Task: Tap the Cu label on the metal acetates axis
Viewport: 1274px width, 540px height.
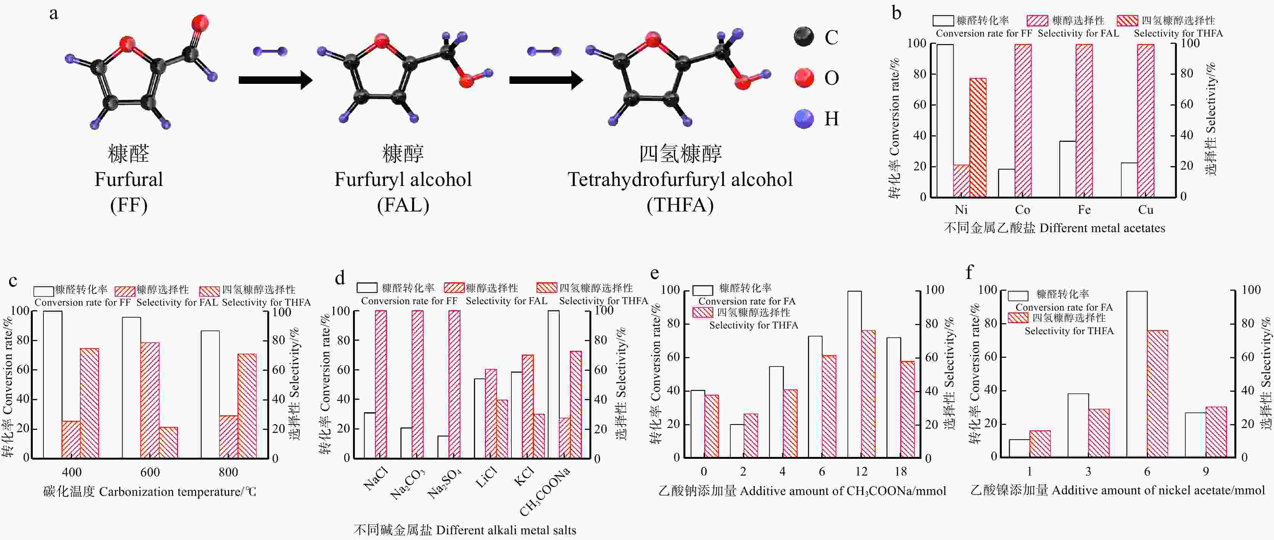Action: point(1145,210)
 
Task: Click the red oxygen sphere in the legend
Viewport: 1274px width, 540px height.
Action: point(804,78)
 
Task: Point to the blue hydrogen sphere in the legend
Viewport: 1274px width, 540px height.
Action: point(804,119)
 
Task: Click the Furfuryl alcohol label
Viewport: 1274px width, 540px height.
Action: point(403,179)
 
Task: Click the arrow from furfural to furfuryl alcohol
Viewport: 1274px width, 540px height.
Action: point(275,80)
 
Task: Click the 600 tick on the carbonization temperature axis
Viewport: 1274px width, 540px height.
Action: point(150,472)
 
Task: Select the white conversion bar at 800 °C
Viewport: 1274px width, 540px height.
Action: point(210,394)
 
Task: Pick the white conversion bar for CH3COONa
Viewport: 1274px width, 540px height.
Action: point(553,384)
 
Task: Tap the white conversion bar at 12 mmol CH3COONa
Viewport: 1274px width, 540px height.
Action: point(854,374)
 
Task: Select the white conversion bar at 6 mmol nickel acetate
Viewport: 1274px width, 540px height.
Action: point(1137,374)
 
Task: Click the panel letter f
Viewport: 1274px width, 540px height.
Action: point(969,272)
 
